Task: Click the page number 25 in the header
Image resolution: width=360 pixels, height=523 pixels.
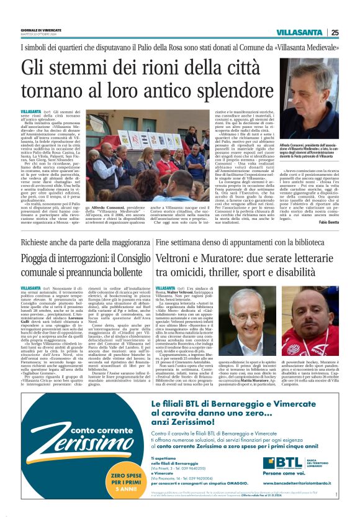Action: (351, 32)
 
